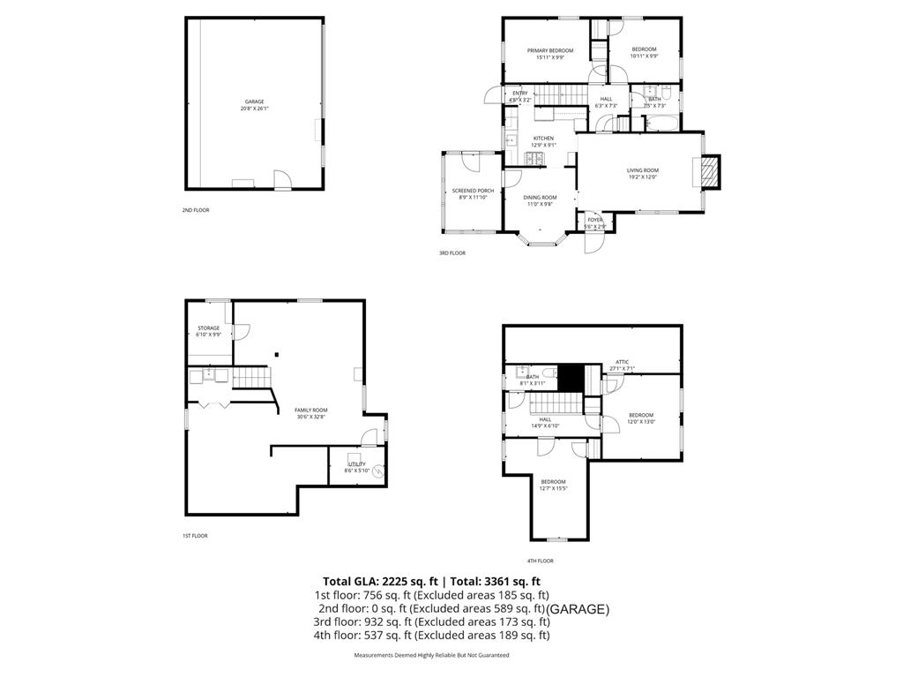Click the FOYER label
(x=595, y=223)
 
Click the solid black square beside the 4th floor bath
(x=573, y=376)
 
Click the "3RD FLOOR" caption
(x=452, y=253)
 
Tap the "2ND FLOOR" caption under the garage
(x=196, y=210)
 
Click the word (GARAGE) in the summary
(x=578, y=609)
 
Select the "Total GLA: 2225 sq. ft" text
(x=380, y=581)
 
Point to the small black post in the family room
(x=276, y=355)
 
